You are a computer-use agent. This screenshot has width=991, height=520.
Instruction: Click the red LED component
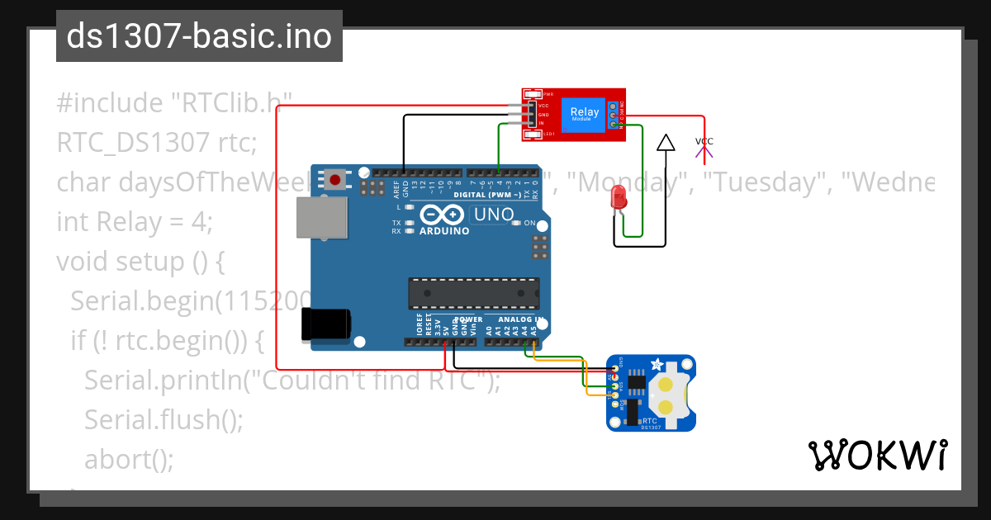[617, 198]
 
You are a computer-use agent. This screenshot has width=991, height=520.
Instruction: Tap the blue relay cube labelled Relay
[585, 114]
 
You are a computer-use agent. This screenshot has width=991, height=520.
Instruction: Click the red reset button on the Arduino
[334, 179]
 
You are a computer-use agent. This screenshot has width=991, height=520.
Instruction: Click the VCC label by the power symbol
[704, 141]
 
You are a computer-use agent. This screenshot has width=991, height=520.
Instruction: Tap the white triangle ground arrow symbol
[665, 144]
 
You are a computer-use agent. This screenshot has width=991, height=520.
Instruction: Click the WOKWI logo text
[877, 455]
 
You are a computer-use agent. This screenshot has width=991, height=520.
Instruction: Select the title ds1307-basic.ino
[199, 36]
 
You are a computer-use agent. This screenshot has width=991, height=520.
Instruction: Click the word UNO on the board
[492, 215]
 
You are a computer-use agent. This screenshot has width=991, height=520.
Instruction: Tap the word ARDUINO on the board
[444, 231]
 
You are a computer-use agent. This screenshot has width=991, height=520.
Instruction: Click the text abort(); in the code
[129, 459]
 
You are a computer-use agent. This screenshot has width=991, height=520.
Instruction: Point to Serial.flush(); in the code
[164, 419]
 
